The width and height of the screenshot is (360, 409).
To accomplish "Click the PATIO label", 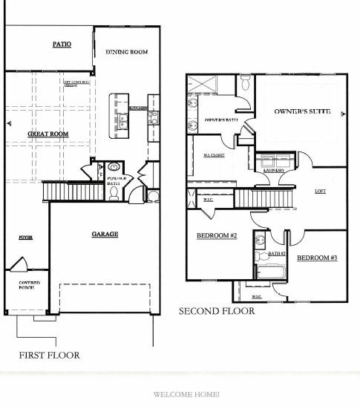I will (62, 45).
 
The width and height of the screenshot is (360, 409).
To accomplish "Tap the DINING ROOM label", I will (127, 52).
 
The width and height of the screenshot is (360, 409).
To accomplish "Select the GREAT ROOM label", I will (48, 134).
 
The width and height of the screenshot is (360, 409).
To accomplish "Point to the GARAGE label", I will (105, 234).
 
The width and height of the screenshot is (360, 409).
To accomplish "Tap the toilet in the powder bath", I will (114, 193).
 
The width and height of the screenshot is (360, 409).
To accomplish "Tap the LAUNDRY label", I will (274, 170).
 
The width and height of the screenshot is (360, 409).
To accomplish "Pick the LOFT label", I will (321, 191).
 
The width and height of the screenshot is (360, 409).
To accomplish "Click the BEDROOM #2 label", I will (216, 236).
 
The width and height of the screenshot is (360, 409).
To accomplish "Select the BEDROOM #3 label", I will (317, 258).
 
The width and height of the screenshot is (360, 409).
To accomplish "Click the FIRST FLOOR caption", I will (49, 355).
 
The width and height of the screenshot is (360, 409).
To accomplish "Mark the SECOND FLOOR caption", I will (216, 311).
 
